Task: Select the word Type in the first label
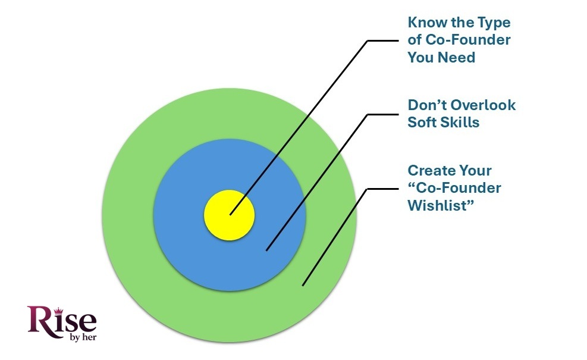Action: click(x=493, y=23)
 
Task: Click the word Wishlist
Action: click(x=436, y=206)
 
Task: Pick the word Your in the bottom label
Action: click(x=476, y=171)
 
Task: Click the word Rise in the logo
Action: click(x=61, y=321)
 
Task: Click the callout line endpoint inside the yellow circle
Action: click(x=230, y=214)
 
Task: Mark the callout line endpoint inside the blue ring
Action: click(x=266, y=251)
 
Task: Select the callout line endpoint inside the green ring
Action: click(x=303, y=286)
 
